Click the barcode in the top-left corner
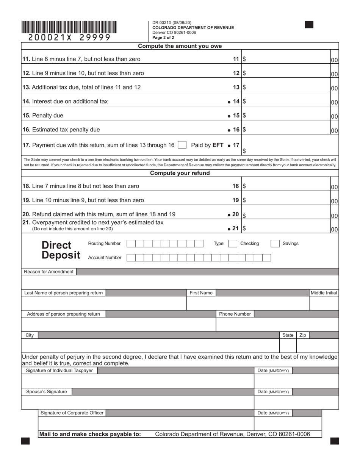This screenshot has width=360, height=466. (x=69, y=28)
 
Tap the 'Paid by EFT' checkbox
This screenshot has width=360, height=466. (x=182, y=145)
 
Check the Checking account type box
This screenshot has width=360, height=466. (x=233, y=244)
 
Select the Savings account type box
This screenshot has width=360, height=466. (x=275, y=244)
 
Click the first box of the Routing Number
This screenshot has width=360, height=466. (x=131, y=244)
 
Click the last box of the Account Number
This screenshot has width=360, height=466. (x=267, y=258)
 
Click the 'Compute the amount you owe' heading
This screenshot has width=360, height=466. (x=180, y=46)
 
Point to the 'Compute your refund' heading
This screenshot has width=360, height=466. (x=180, y=173)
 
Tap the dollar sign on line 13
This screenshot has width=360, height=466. (x=244, y=87)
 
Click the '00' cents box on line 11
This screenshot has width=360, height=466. (x=334, y=60)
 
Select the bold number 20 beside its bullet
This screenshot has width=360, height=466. (x=235, y=214)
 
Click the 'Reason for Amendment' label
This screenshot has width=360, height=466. (x=49, y=272)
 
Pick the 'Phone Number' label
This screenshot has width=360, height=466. (x=235, y=314)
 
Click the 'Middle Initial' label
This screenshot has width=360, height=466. (x=324, y=293)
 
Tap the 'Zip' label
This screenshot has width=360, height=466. (x=303, y=335)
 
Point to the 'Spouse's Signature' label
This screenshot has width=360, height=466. (x=47, y=391)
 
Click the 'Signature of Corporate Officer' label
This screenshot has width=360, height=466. (x=72, y=413)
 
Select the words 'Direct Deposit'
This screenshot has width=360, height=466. (x=61, y=250)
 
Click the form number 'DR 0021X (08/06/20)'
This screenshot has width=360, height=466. (x=172, y=23)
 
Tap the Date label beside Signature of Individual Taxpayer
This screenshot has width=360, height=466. (x=273, y=371)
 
